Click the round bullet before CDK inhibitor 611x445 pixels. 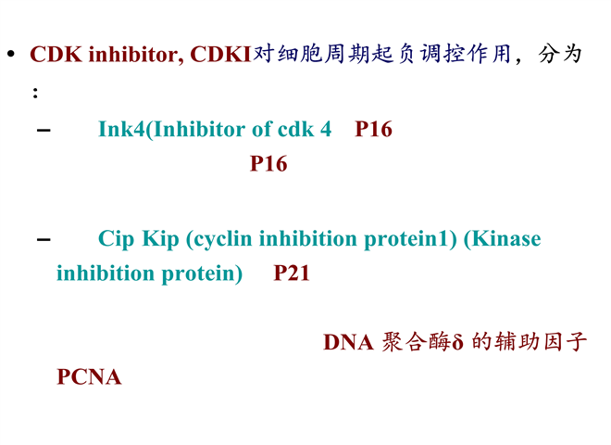11,54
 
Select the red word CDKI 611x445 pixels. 220,54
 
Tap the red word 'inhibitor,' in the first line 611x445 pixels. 136,54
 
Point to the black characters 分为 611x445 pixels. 560,54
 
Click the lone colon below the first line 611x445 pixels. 35,93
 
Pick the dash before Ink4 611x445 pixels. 44,130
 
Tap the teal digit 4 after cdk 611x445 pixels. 326,129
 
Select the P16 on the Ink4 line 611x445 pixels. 373,129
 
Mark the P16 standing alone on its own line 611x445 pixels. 268,163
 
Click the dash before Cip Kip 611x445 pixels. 44,239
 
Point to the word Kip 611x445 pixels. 160,239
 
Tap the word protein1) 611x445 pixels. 410,239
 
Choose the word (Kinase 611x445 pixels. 503,238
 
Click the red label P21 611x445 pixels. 292,273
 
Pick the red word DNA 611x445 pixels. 348,342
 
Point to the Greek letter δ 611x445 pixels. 457,341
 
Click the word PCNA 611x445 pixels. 89,376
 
